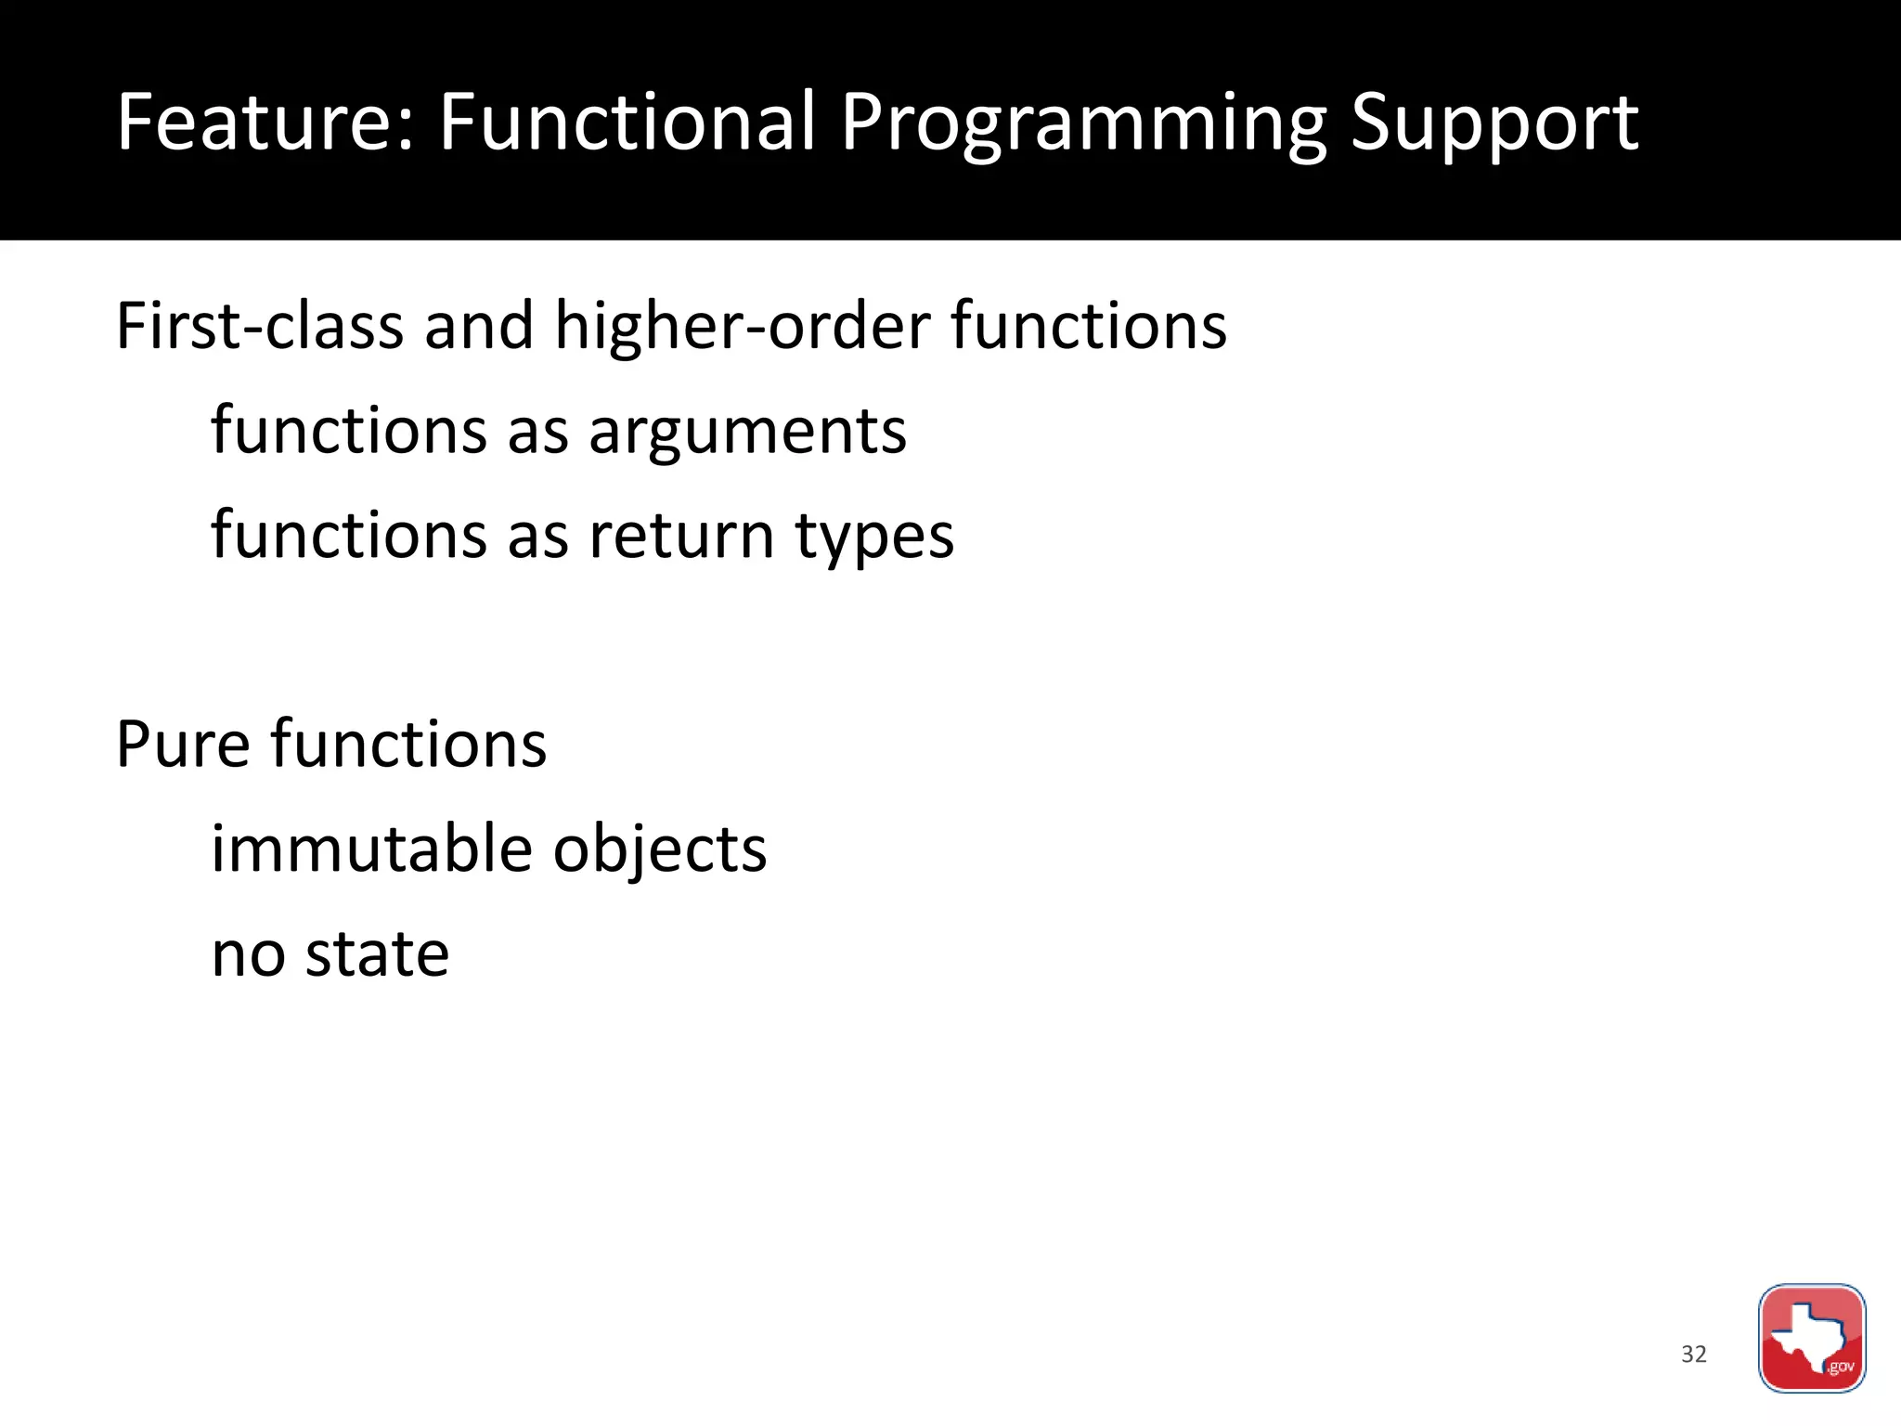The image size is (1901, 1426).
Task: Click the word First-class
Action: click(260, 326)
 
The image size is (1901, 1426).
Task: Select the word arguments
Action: click(747, 433)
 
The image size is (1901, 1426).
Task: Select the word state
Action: click(377, 954)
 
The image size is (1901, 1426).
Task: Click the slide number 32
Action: click(1693, 1355)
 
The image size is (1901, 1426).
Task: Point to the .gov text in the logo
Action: click(1840, 1367)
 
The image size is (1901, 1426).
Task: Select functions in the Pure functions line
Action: click(408, 745)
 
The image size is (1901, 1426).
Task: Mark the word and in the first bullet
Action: click(478, 326)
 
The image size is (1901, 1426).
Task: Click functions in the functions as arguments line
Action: click(349, 431)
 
